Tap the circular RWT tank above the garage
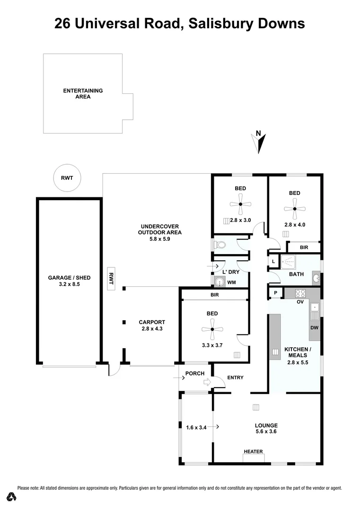click(x=67, y=177)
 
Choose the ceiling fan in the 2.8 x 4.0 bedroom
click(x=294, y=209)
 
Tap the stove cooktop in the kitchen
click(x=300, y=293)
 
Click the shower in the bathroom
click(x=288, y=262)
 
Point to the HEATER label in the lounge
click(x=253, y=452)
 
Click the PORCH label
click(x=195, y=373)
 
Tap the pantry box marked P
click(x=275, y=293)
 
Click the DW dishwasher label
click(x=315, y=327)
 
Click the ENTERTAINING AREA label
click(x=83, y=93)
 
